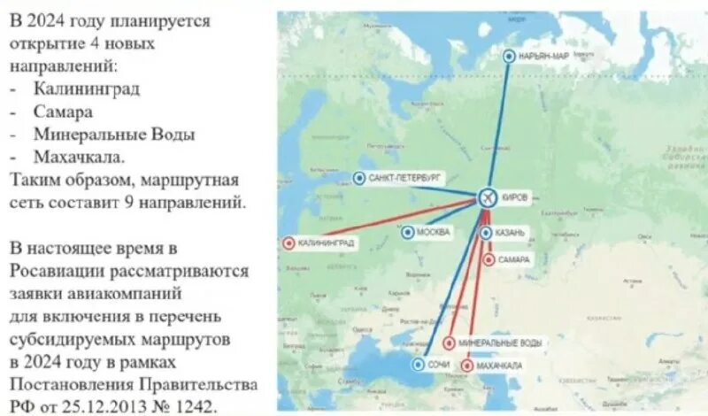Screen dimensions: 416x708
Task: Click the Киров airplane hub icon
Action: tap(488, 198)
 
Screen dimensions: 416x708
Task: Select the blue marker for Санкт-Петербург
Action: tap(359, 178)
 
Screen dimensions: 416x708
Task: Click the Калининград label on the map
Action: tap(326, 242)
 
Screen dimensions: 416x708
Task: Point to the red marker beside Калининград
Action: tap(288, 242)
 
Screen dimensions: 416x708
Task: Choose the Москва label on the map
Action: tap(435, 233)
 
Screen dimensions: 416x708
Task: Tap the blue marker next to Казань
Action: tap(487, 232)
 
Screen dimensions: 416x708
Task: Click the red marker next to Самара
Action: tap(489, 259)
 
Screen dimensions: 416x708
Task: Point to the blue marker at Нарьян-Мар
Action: tap(509, 56)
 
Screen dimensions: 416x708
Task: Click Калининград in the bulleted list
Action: tap(87, 89)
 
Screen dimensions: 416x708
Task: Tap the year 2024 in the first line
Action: tap(50, 20)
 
